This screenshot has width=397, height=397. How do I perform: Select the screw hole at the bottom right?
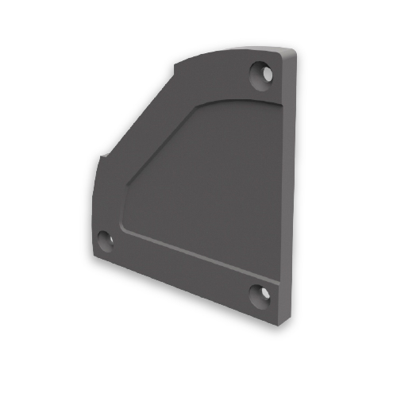tap(259, 295)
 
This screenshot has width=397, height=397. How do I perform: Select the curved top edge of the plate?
tap(230, 50)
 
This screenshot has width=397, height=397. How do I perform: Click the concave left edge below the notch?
tap(94, 198)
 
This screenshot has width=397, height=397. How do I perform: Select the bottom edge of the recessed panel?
tap(198, 253)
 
